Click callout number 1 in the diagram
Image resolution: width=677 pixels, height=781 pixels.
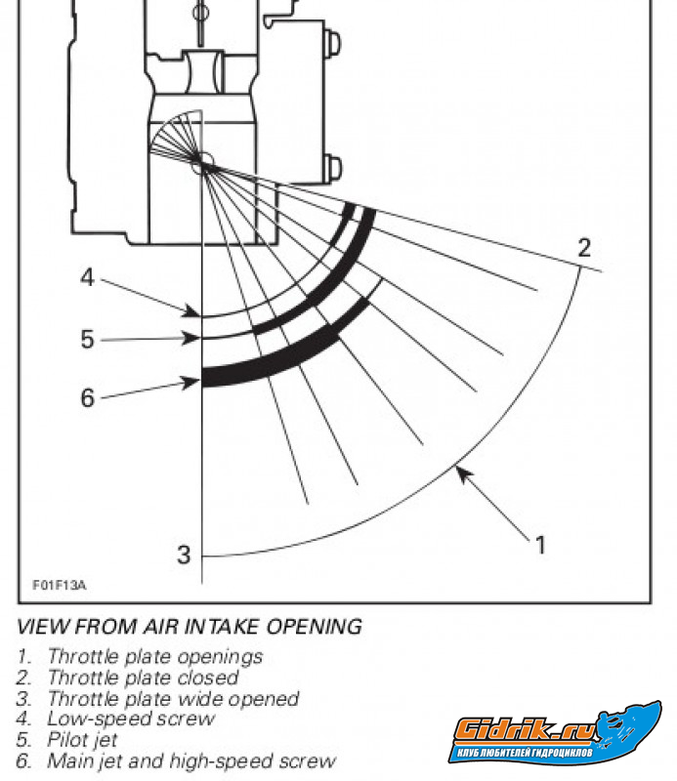click(538, 544)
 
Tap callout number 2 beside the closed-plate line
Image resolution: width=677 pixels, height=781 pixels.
click(584, 247)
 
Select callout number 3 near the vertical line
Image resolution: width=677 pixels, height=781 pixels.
click(184, 555)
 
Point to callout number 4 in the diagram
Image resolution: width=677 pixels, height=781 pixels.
click(87, 278)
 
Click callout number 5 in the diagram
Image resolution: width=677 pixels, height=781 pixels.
click(87, 340)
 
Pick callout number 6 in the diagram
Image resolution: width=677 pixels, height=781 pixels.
click(87, 398)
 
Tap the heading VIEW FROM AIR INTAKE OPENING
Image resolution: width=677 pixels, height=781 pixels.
click(190, 626)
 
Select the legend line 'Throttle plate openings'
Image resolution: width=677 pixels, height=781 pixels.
click(155, 656)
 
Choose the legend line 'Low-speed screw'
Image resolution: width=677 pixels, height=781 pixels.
click(131, 719)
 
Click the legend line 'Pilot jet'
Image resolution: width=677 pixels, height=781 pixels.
click(89, 740)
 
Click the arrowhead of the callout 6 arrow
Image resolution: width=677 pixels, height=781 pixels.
click(198, 383)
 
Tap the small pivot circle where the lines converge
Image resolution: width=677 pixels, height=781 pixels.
click(202, 165)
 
